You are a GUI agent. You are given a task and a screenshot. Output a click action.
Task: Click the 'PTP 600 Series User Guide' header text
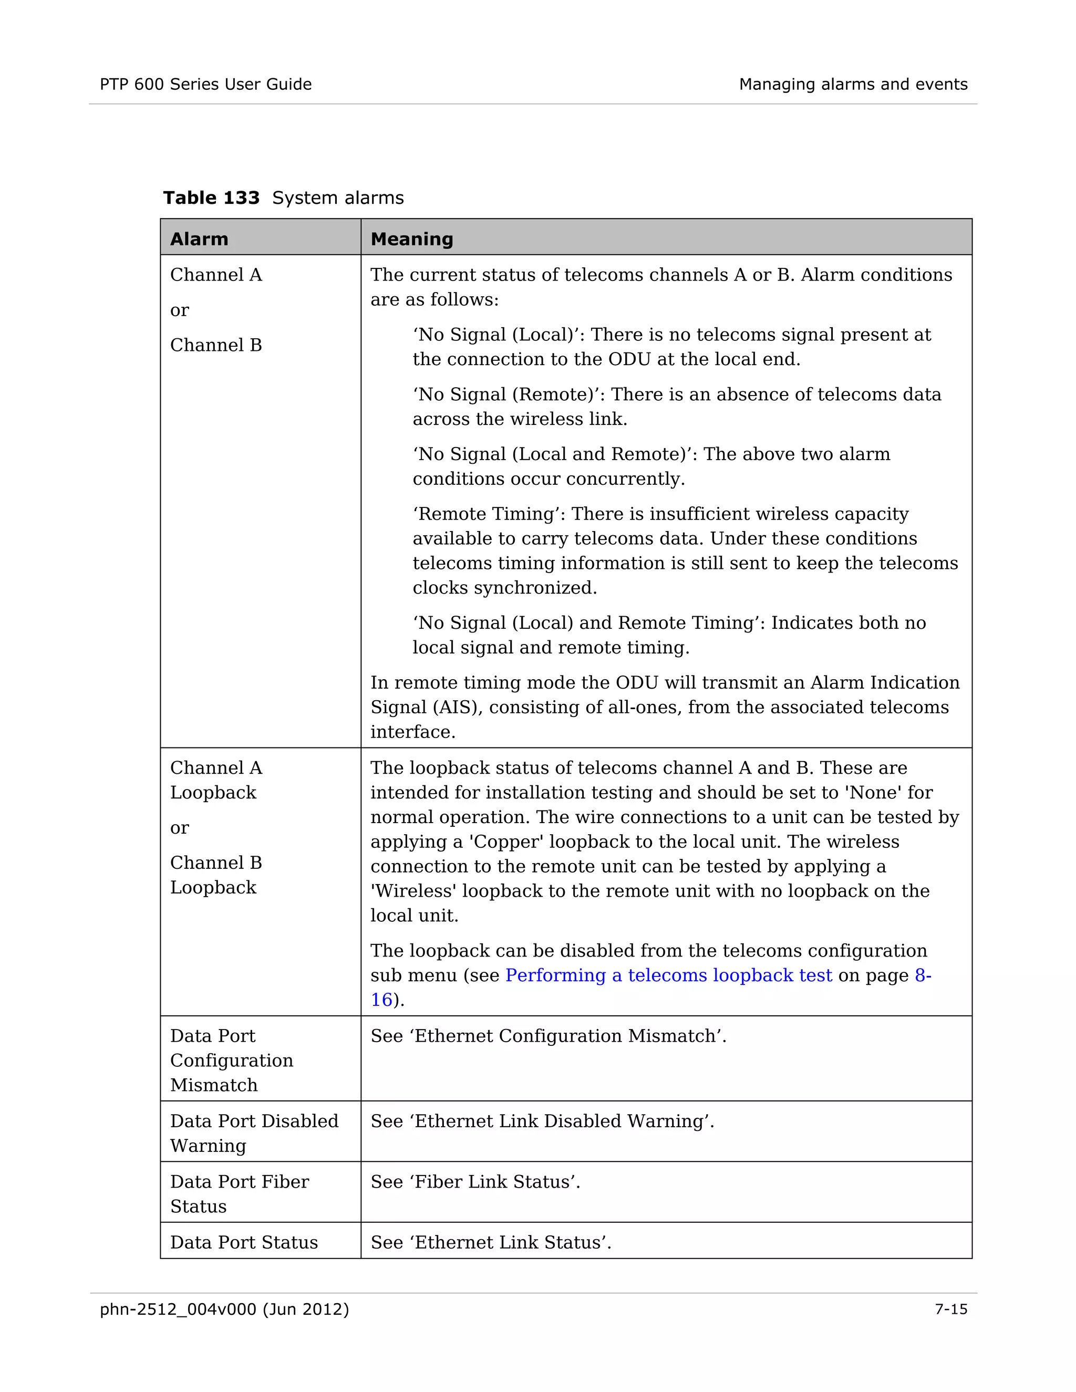[205, 84]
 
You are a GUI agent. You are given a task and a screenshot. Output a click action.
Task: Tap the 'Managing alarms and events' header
[852, 84]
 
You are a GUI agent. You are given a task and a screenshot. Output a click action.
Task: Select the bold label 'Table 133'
[211, 198]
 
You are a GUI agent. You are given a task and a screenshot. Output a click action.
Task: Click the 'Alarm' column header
[199, 239]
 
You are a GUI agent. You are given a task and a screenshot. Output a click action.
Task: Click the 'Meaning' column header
[411, 239]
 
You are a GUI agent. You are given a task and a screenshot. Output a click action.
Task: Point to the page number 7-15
[950, 1309]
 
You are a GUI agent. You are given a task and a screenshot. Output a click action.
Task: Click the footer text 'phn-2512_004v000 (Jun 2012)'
[224, 1309]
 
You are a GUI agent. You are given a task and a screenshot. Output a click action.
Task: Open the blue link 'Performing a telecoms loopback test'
[668, 975]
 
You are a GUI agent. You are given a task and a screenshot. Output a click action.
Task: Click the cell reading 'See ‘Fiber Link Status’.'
[475, 1182]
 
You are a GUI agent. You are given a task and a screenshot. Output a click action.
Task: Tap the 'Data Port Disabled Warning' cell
[254, 1133]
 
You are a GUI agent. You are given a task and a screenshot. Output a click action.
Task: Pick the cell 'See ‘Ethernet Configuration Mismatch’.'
[548, 1036]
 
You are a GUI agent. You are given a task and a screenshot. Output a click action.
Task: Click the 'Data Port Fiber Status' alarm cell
[239, 1194]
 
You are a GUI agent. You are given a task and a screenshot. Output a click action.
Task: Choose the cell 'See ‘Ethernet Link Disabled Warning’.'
[542, 1121]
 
